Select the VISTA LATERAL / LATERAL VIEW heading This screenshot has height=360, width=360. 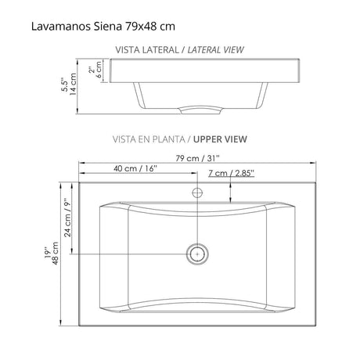pos(179,49)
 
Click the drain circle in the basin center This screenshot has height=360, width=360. pos(198,254)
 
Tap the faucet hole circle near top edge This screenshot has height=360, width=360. pos(198,190)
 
